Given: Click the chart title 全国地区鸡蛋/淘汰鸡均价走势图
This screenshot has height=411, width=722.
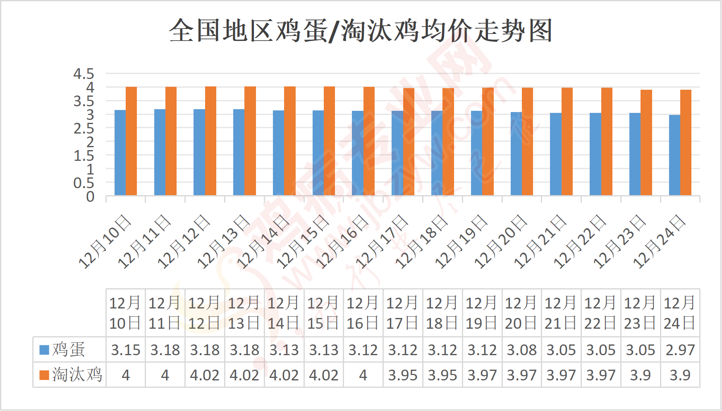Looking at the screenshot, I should point(361,31).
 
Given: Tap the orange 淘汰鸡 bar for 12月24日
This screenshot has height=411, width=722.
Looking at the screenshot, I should point(686,142).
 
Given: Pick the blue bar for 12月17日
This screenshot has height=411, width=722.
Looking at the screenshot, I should point(397,153).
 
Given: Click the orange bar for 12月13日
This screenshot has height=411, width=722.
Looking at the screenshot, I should point(250,141).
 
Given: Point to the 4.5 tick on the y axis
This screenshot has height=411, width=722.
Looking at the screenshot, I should point(84,74).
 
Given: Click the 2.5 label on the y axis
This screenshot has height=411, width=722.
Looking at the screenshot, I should point(84,129).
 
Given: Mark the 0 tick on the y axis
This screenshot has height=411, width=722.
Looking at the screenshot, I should point(90,197).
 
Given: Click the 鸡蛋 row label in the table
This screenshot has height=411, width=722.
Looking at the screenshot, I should point(69,350).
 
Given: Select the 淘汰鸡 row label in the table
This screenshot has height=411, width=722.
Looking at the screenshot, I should point(77,375).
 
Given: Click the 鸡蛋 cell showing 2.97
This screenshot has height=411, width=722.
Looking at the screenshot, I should point(680,350).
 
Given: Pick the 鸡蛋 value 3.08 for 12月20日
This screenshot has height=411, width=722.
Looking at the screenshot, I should point(522,350).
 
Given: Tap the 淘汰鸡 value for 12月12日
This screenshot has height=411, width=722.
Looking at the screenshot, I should point(205,375).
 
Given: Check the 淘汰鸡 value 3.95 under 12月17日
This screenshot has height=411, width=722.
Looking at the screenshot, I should point(403,375).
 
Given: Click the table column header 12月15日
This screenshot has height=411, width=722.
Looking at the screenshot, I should point(323,313).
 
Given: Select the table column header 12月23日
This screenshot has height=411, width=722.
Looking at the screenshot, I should point(640,313).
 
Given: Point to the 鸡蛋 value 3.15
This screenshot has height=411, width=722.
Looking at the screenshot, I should point(126,350).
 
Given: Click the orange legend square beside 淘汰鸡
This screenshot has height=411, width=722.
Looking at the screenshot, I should point(44,375).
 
